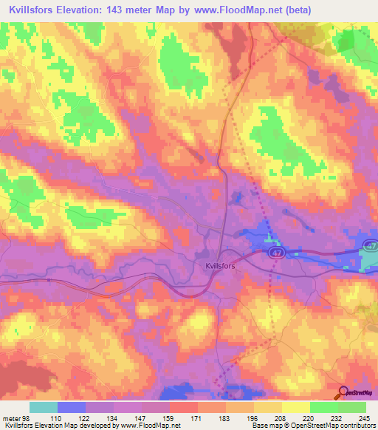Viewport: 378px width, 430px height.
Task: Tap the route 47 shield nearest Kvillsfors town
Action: (x=275, y=253)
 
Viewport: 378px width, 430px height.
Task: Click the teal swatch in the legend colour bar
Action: (x=43, y=407)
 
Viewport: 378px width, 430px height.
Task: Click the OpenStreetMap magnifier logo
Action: (x=343, y=392)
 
